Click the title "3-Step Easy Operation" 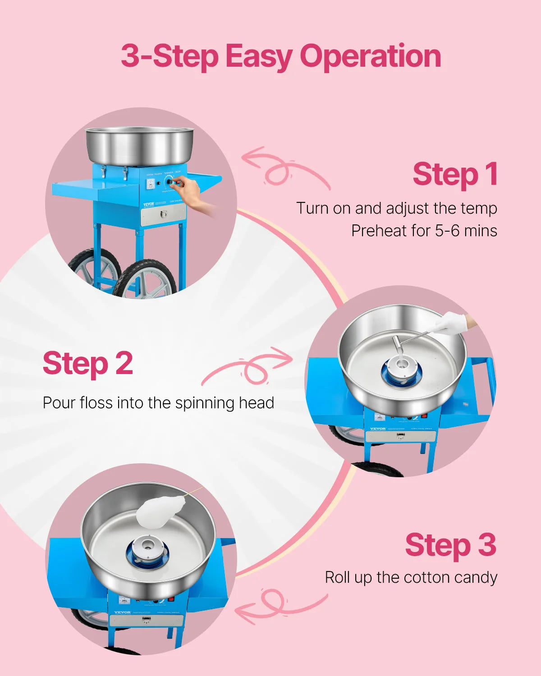280,56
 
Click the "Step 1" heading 455,174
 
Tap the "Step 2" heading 88,364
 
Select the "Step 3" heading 450,545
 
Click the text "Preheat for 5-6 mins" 424,231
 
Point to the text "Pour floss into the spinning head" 158,402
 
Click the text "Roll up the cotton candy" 411,577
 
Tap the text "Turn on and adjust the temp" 396,208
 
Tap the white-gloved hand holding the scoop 451,322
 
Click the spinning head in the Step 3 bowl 147,550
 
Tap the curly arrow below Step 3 280,606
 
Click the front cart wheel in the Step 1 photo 144,279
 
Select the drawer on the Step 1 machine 163,215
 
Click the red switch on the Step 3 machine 170,599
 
